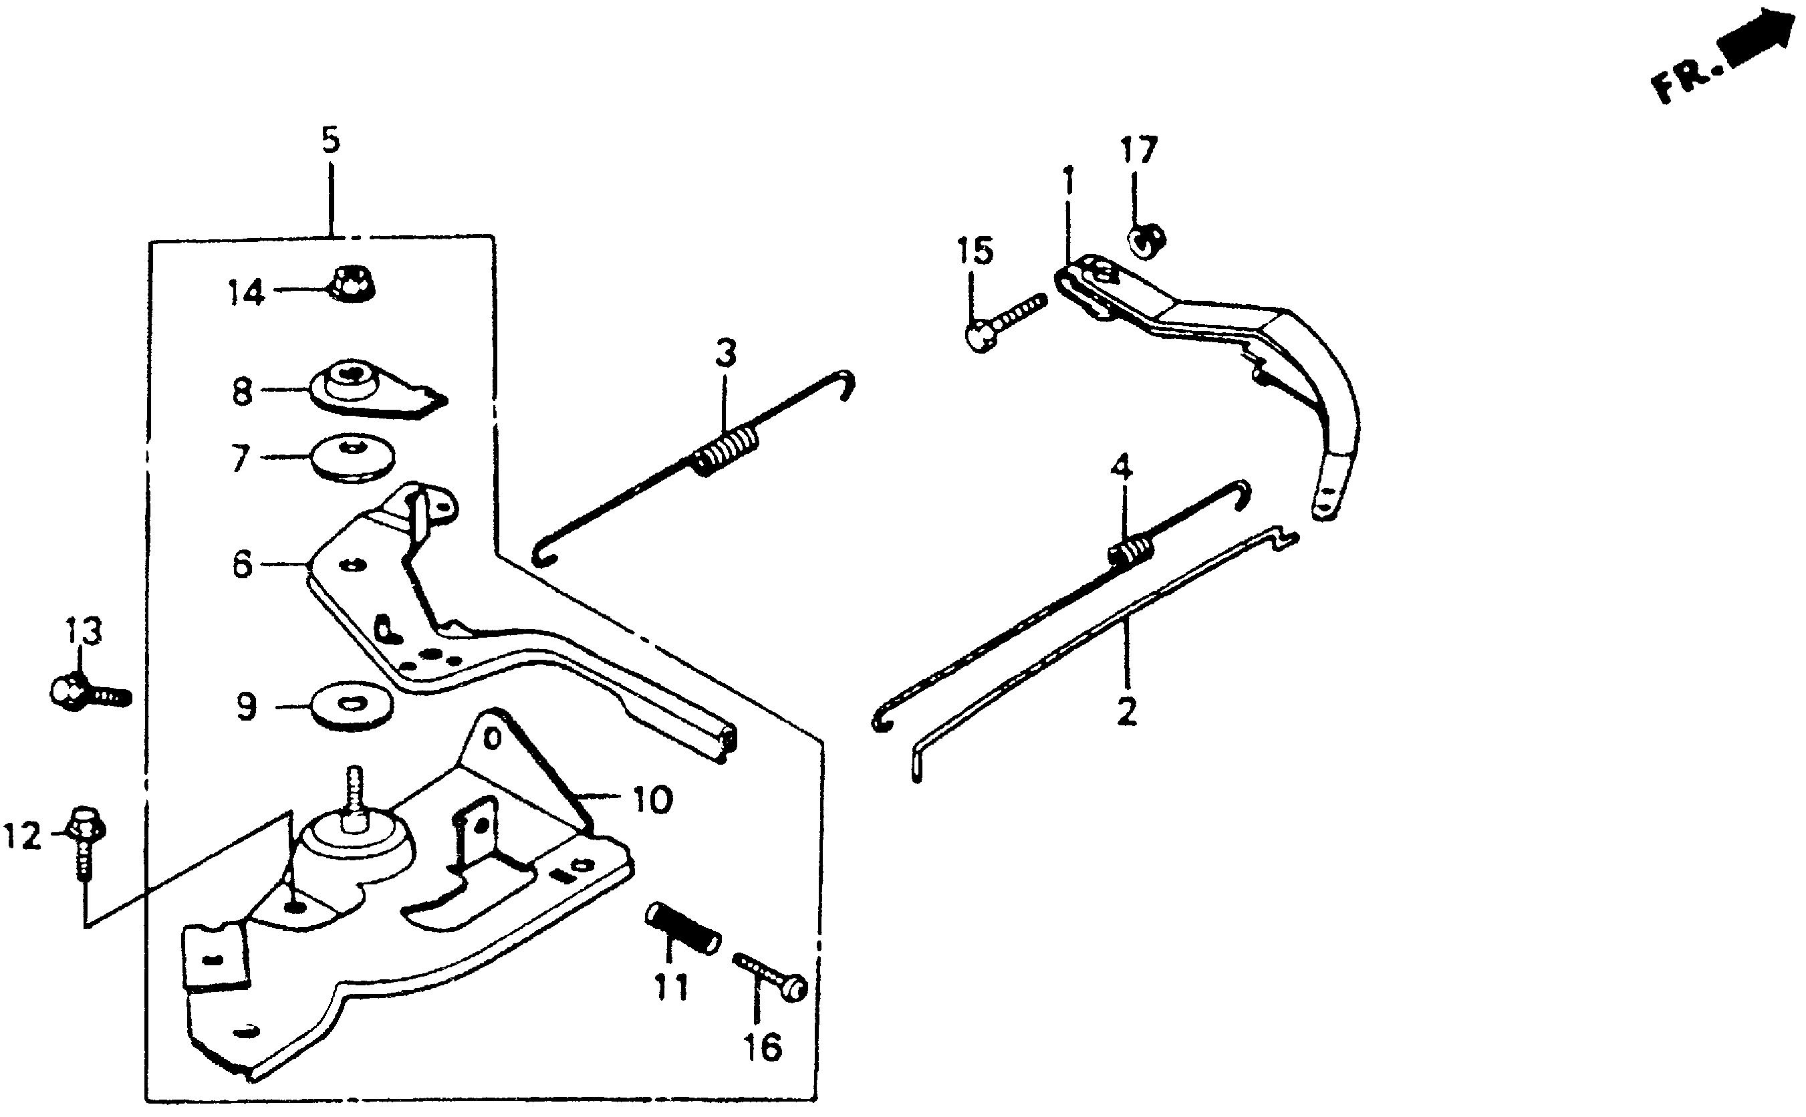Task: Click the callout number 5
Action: pos(330,140)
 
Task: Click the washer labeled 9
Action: pos(352,703)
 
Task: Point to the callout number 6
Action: pos(241,566)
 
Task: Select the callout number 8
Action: pos(241,392)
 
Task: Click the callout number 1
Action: pos(1068,183)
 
